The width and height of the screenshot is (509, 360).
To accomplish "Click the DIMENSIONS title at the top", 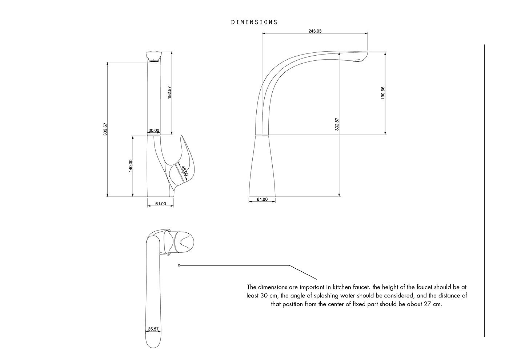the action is point(254,22).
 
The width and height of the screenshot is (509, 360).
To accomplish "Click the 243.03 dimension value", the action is point(315,31).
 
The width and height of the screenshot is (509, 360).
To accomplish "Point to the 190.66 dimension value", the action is point(383,93).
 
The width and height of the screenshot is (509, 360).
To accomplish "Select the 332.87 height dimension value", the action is point(337,124).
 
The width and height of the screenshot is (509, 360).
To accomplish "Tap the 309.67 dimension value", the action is point(105,129).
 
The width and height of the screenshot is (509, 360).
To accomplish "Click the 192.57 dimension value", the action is point(170,92).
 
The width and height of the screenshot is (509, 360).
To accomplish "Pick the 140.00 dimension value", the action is point(131,166).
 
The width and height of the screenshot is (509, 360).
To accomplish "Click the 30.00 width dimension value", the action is point(154,131).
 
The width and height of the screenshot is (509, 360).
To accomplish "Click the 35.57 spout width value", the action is point(153,329).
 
